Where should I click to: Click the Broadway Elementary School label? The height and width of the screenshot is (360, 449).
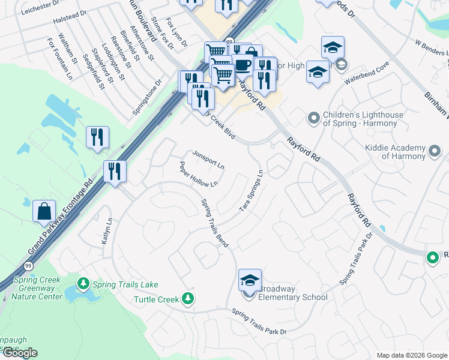[292, 292]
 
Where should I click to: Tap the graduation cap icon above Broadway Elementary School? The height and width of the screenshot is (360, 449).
[250, 280]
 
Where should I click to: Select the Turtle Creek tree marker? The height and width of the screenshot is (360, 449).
[188, 298]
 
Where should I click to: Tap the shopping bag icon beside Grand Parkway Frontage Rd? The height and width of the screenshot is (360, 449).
[44, 211]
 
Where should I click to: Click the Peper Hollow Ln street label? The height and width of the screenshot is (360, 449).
[198, 175]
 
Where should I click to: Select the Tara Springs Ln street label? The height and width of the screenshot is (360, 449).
[252, 190]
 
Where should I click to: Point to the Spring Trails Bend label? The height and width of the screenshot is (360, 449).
[214, 222]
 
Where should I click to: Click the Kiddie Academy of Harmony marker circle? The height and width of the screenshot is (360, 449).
[435, 149]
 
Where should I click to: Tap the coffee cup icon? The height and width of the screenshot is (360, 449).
[243, 65]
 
